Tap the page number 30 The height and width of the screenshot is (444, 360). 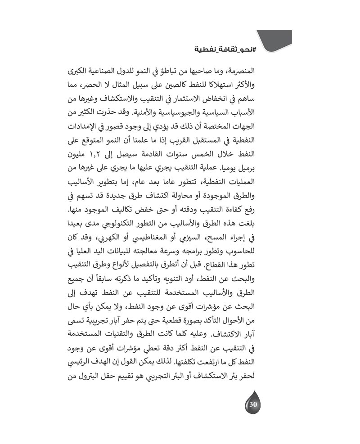[252, 404]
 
